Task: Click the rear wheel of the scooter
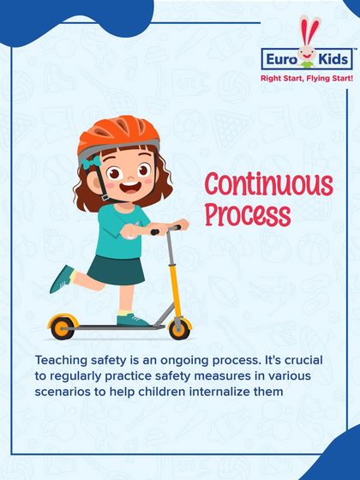pyautogui.click(x=60, y=327)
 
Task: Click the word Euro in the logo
pyautogui.click(x=282, y=60)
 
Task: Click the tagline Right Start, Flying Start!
pyautogui.click(x=306, y=79)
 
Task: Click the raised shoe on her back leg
pyautogui.click(x=62, y=279)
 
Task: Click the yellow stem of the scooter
pyautogui.click(x=174, y=274)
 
